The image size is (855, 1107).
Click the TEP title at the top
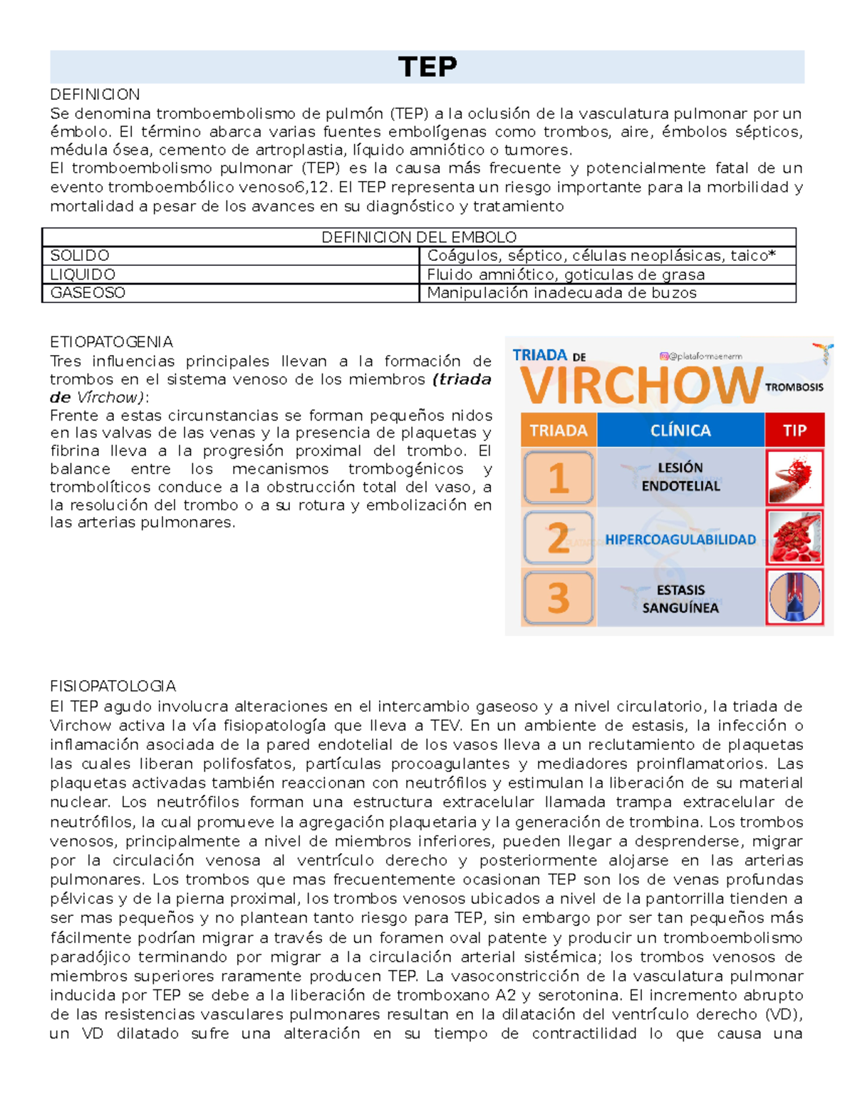pyautogui.click(x=427, y=67)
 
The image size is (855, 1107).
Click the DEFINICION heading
pyautogui.click(x=95, y=94)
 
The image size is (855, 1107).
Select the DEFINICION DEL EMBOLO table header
pyautogui.click(x=419, y=237)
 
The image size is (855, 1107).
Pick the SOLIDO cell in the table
pyautogui.click(x=80, y=256)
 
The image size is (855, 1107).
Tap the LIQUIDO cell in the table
pyautogui.click(x=83, y=274)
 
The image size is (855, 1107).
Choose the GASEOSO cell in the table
pyautogui.click(x=88, y=293)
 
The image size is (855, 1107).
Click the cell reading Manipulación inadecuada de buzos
pyautogui.click(x=561, y=293)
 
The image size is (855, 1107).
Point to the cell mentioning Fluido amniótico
pyautogui.click(x=566, y=274)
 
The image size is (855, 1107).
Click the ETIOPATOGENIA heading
pyautogui.click(x=111, y=342)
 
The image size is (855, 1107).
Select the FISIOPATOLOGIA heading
pyautogui.click(x=113, y=686)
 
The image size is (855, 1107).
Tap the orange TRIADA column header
pyautogui.click(x=559, y=431)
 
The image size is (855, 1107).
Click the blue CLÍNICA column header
pyautogui.click(x=680, y=431)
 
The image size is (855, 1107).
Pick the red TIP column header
pyautogui.click(x=794, y=431)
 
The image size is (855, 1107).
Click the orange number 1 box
pyautogui.click(x=559, y=478)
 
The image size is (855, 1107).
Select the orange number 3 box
pyautogui.click(x=559, y=597)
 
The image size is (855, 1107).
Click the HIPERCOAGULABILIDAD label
pyautogui.click(x=680, y=540)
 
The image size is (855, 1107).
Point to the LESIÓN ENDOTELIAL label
pyautogui.click(x=680, y=477)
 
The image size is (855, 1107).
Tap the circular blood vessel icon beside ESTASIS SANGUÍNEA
pyautogui.click(x=794, y=597)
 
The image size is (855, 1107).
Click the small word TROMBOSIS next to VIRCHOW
pyautogui.click(x=794, y=387)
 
